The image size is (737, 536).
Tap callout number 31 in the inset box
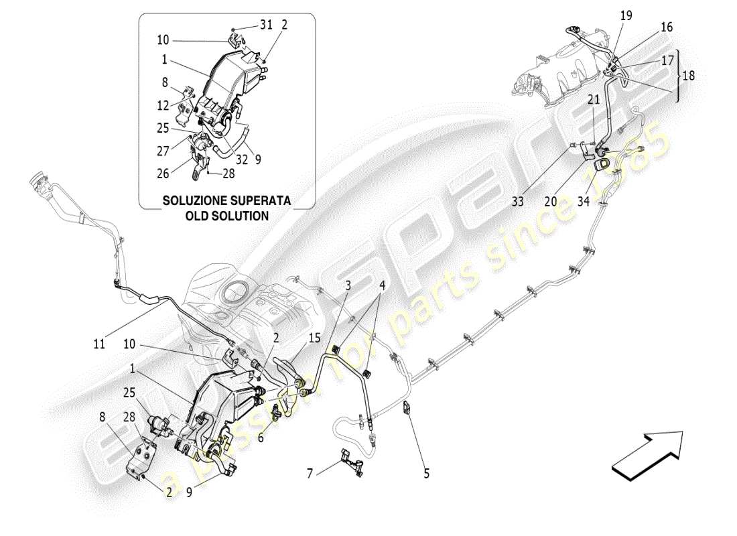click(x=267, y=25)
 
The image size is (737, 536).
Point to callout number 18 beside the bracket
click(x=688, y=76)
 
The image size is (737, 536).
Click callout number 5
click(x=426, y=474)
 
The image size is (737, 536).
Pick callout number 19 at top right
click(x=625, y=14)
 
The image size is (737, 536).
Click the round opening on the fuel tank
click(x=234, y=292)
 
